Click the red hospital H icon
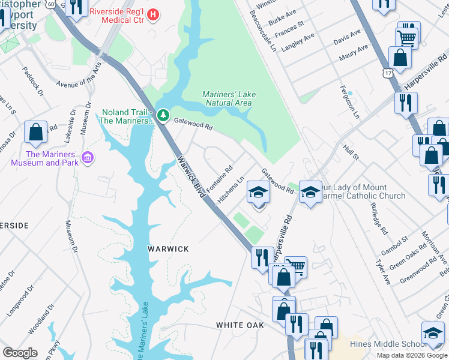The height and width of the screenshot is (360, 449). tap(153, 13)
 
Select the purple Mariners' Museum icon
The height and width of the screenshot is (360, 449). tap(88, 158)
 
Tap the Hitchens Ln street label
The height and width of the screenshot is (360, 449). tap(232, 188)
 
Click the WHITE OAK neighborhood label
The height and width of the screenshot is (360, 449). tap(240, 325)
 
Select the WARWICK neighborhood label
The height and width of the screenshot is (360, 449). tap(169, 249)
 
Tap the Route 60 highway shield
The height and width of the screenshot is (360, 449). tap(52, 4)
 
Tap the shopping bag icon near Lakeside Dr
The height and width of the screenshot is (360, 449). tap(36, 132)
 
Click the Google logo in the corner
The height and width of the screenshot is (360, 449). tap(20, 352)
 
